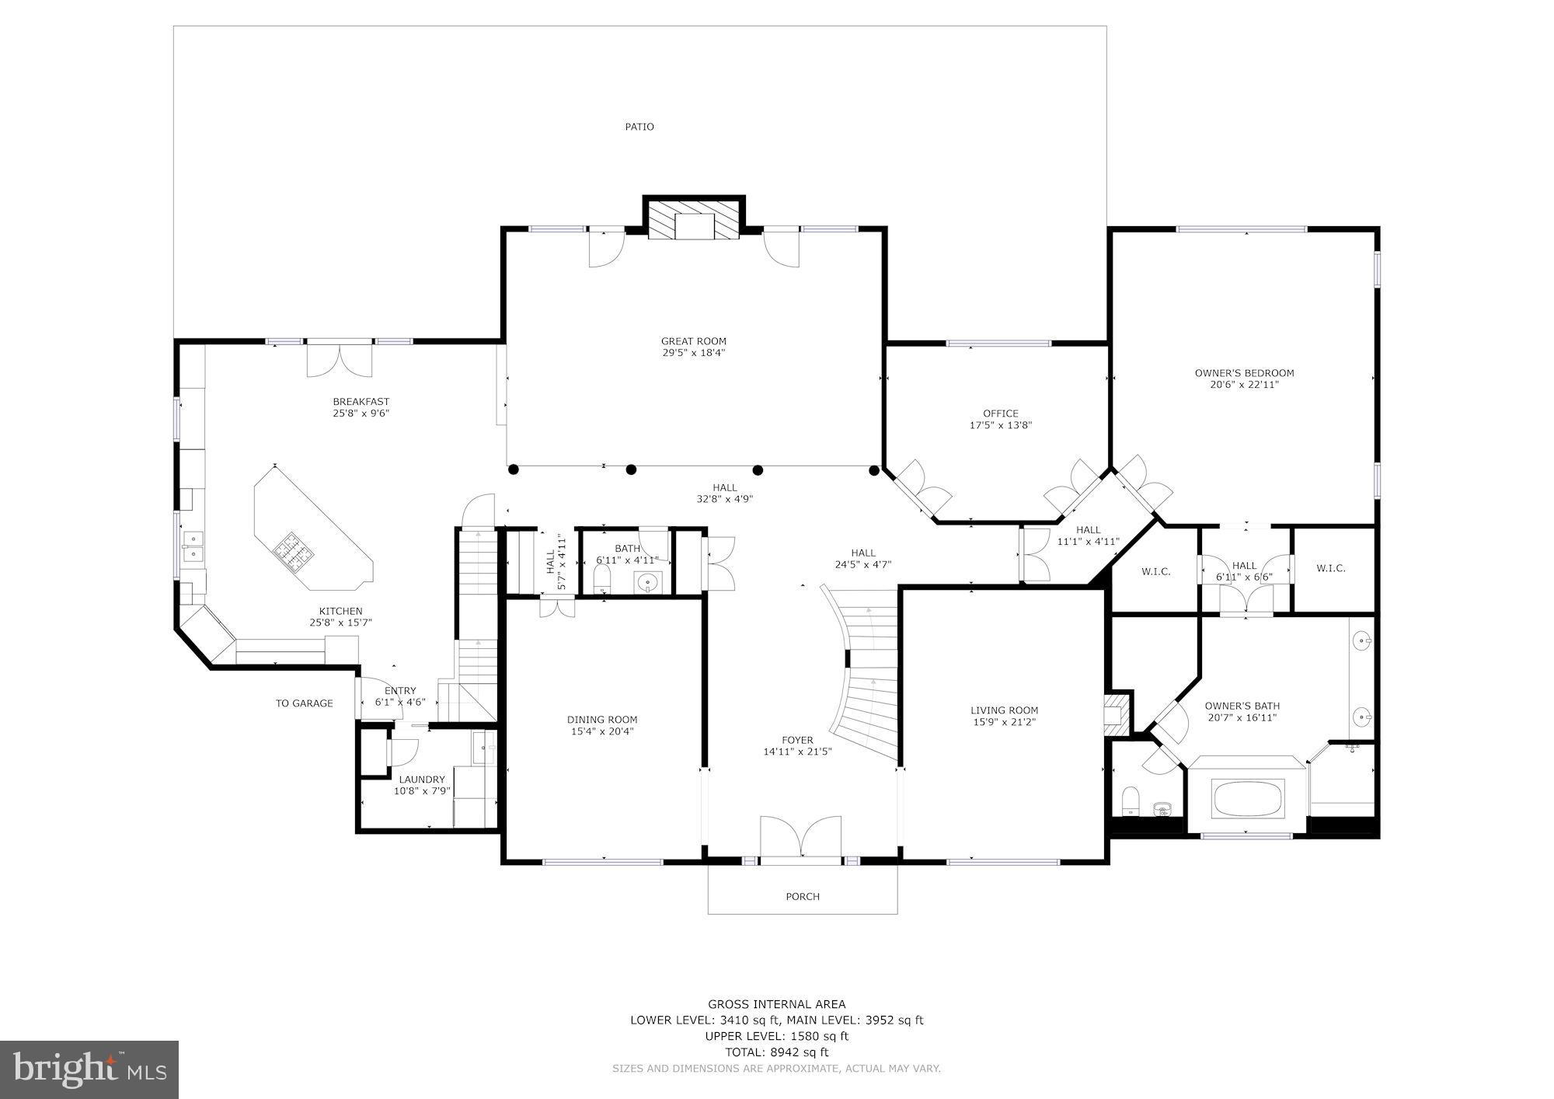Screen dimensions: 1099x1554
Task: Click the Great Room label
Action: tap(693, 340)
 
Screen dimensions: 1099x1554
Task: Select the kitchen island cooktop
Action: tap(293, 551)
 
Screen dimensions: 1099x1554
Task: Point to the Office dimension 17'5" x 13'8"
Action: tap(1000, 425)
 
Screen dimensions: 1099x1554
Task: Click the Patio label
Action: tap(639, 127)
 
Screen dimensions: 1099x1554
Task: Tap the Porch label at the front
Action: tap(803, 896)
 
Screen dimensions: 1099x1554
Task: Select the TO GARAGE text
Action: tap(304, 703)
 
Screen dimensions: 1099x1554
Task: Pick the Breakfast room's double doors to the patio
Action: tap(340, 359)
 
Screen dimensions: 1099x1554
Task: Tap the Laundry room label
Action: tap(422, 780)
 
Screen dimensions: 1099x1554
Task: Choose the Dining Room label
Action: tap(602, 720)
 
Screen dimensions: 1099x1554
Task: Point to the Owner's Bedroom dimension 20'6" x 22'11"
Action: tap(1244, 384)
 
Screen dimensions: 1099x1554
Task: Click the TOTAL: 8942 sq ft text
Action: tap(776, 1052)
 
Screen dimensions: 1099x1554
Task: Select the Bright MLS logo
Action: tap(89, 1070)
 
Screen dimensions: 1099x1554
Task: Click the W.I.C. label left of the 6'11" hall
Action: tap(1155, 571)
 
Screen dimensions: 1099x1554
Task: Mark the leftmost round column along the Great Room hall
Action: tap(513, 469)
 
